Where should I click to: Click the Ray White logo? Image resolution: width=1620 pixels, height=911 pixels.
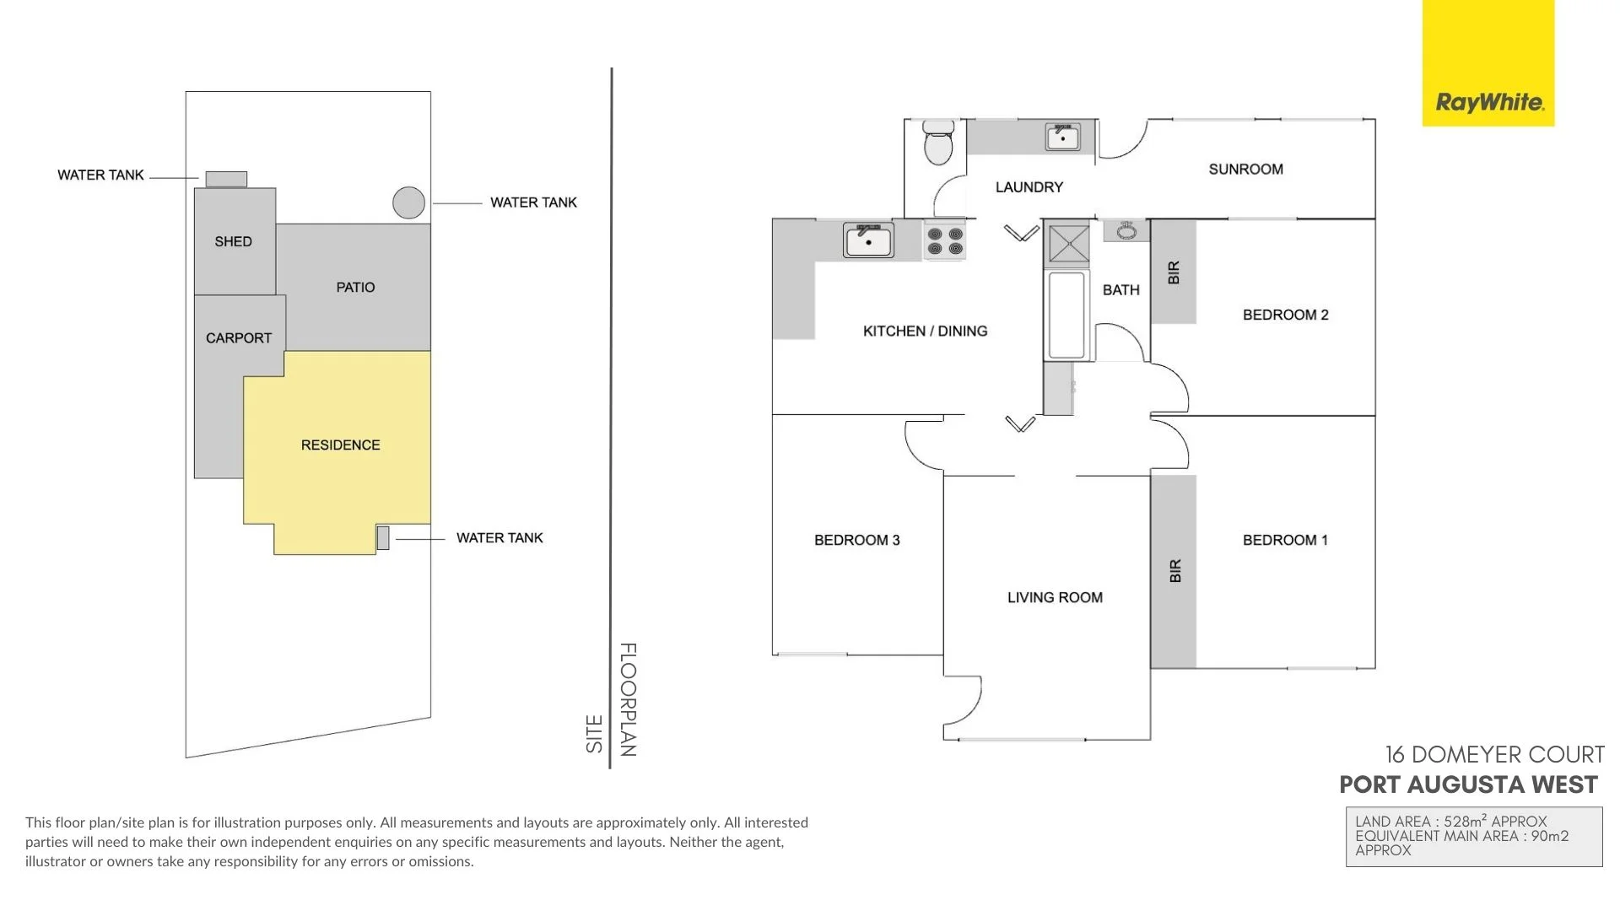point(1488,103)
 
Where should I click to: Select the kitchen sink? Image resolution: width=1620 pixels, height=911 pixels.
point(868,241)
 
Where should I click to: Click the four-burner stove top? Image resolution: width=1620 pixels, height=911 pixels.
point(945,241)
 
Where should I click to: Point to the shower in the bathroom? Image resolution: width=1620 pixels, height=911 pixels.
point(1068,243)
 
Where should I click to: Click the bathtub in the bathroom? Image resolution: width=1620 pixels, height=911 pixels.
point(1066,315)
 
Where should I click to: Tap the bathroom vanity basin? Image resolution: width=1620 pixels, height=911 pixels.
point(1126,230)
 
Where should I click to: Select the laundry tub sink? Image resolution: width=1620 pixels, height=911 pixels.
point(1062,137)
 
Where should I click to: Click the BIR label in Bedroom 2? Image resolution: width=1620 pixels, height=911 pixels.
point(1174,272)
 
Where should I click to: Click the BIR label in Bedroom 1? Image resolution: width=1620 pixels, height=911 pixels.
point(1175,571)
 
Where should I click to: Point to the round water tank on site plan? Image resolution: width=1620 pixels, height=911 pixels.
point(408,202)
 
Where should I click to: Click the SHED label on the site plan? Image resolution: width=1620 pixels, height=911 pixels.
point(233,241)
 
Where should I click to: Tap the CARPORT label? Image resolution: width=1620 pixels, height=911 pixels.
point(239,337)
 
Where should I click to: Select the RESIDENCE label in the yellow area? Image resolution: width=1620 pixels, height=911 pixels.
point(340,445)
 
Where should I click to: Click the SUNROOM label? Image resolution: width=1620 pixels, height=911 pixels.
point(1245,169)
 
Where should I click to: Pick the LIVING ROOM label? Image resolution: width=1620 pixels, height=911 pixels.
point(1055,597)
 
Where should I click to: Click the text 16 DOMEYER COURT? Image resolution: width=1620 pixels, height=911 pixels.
point(1494,754)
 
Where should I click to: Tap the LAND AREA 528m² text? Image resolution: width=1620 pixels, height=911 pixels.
point(1450,822)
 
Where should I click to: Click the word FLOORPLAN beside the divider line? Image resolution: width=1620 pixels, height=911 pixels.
point(629,699)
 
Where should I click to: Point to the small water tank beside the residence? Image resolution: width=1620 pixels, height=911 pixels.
point(383,537)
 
